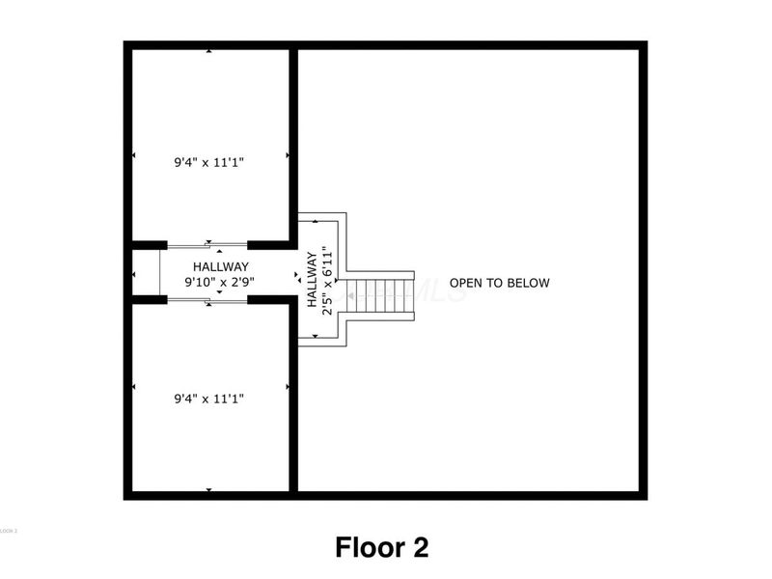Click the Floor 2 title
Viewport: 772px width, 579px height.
382,547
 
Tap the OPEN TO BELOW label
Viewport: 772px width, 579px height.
500,283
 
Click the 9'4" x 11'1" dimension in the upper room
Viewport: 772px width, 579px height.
209,163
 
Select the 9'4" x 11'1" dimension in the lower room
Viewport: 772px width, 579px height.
209,397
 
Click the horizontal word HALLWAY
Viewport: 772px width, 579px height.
220,267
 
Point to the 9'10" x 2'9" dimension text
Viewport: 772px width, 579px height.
220,283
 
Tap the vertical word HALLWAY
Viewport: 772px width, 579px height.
313,280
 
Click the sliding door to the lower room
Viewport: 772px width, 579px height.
207,300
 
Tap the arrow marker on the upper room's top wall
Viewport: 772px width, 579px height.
209,51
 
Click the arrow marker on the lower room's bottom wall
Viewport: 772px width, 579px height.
209,490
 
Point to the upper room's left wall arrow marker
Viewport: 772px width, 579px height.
133,154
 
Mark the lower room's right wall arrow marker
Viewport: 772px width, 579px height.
287,388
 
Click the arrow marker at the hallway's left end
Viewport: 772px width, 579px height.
133,275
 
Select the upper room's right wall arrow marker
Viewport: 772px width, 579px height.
287,154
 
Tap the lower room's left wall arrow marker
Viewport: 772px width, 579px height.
133,388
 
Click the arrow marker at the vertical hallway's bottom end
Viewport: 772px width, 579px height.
316,336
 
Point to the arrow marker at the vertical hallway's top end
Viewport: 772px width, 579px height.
316,223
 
